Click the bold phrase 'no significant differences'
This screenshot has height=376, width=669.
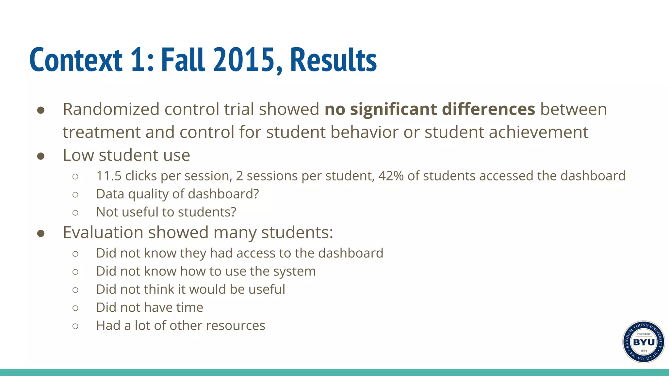430,109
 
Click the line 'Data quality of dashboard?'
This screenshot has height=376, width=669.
177,194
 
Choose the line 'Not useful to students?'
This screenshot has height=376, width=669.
166,212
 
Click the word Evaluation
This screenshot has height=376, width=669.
103,232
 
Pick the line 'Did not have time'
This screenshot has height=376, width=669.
150,307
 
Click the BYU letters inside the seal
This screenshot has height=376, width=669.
644,342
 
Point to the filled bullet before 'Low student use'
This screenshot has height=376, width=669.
41,156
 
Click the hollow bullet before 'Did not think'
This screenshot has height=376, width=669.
75,290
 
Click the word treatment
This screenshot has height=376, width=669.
102,132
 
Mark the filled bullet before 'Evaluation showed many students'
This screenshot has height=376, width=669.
41,233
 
